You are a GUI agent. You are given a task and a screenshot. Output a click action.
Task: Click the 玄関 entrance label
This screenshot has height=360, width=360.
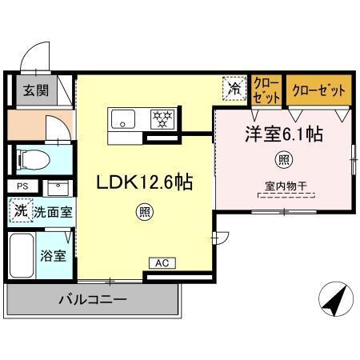click(x=34, y=91)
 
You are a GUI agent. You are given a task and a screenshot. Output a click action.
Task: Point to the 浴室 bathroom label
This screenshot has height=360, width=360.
click(x=53, y=256)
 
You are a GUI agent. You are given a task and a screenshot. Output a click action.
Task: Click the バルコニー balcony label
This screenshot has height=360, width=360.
click(x=91, y=302)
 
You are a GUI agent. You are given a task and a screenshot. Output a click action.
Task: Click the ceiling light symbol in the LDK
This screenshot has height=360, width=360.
click(x=142, y=212)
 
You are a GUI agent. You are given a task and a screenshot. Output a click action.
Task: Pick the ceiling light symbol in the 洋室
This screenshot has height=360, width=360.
click(x=282, y=159)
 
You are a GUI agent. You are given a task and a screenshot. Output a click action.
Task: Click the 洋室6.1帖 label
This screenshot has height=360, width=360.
click(x=283, y=134)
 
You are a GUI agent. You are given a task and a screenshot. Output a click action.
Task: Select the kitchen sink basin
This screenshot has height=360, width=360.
click(x=126, y=120)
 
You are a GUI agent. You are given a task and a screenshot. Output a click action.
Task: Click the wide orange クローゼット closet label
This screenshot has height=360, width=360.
click(x=318, y=89)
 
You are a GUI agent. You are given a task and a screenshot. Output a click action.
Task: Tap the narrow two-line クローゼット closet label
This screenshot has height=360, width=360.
click(x=266, y=90)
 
